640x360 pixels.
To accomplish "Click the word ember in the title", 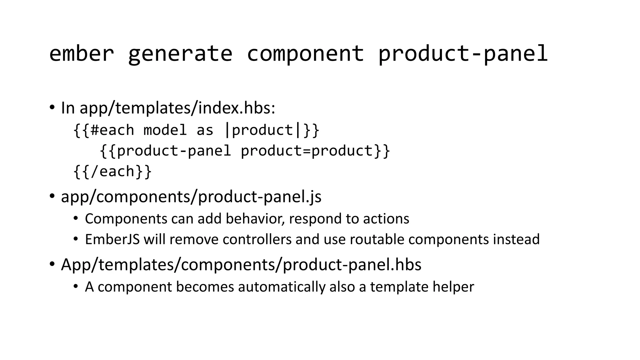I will coord(82,53).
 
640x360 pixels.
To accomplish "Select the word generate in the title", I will coord(180,53).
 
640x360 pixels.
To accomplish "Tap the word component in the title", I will coord(305,53).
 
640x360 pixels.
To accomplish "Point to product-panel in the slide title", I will coord(463,53).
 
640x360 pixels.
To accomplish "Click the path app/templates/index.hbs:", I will coord(177,108).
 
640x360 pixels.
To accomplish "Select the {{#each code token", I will coord(103,130).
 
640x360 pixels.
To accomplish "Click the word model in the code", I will coord(165,130).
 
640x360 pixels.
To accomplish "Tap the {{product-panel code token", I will coord(165,151).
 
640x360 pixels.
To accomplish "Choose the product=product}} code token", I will coord(315,151).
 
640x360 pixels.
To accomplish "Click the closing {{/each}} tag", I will coord(112,172).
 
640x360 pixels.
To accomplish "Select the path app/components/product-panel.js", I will coord(191,197).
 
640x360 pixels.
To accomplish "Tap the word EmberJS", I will coord(112,239).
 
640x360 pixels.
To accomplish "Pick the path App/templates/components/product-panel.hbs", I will coord(241,265).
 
